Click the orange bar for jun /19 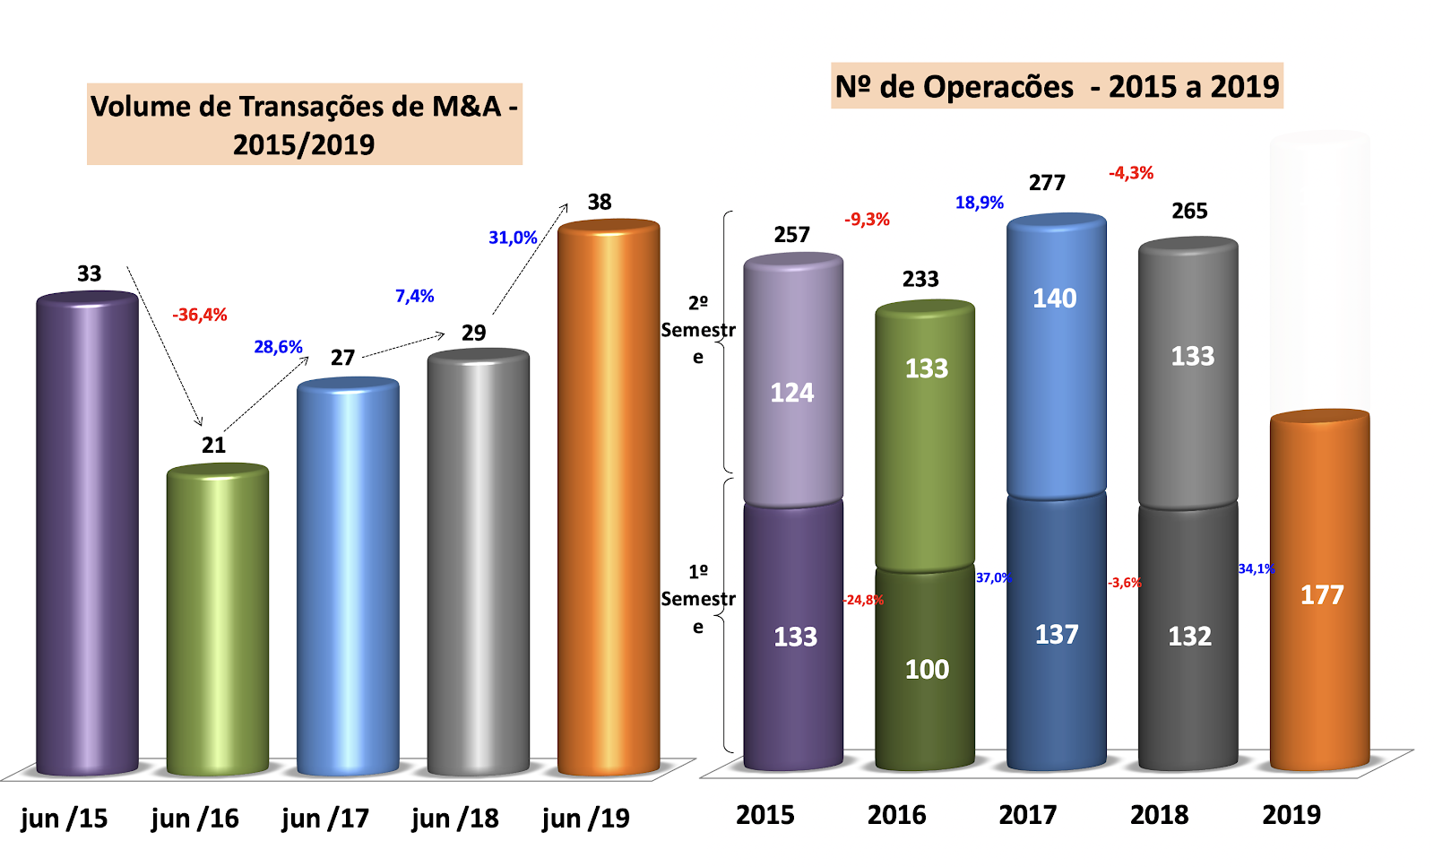[609, 498]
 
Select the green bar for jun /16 [218, 619]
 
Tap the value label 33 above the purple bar [89, 273]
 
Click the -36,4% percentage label [200, 315]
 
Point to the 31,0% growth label [513, 238]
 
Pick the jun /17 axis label [324, 818]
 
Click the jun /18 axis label [455, 818]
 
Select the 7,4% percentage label [415, 296]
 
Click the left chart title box [304, 125]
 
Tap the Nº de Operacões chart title [1057, 87]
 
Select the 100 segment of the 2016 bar [925, 668]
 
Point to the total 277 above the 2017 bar [1047, 183]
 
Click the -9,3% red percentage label [867, 220]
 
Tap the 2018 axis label [1159, 815]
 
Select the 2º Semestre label [698, 330]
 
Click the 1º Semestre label [698, 599]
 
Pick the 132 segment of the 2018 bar [1188, 637]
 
